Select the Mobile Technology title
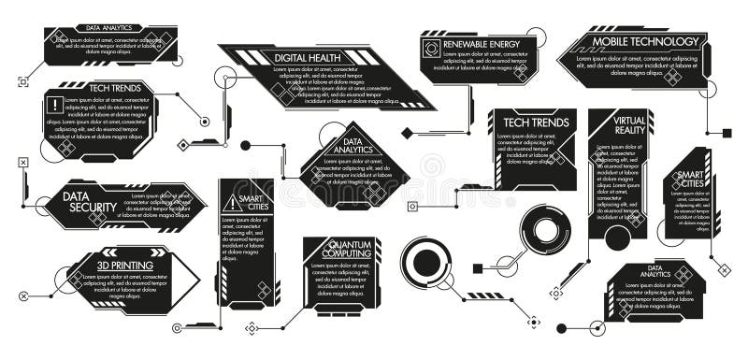pos(644,41)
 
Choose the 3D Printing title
pos(125,265)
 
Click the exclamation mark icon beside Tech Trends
pos(57,105)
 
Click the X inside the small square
pos(22,163)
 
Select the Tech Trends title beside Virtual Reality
pos(530,123)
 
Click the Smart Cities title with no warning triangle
pos(690,178)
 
